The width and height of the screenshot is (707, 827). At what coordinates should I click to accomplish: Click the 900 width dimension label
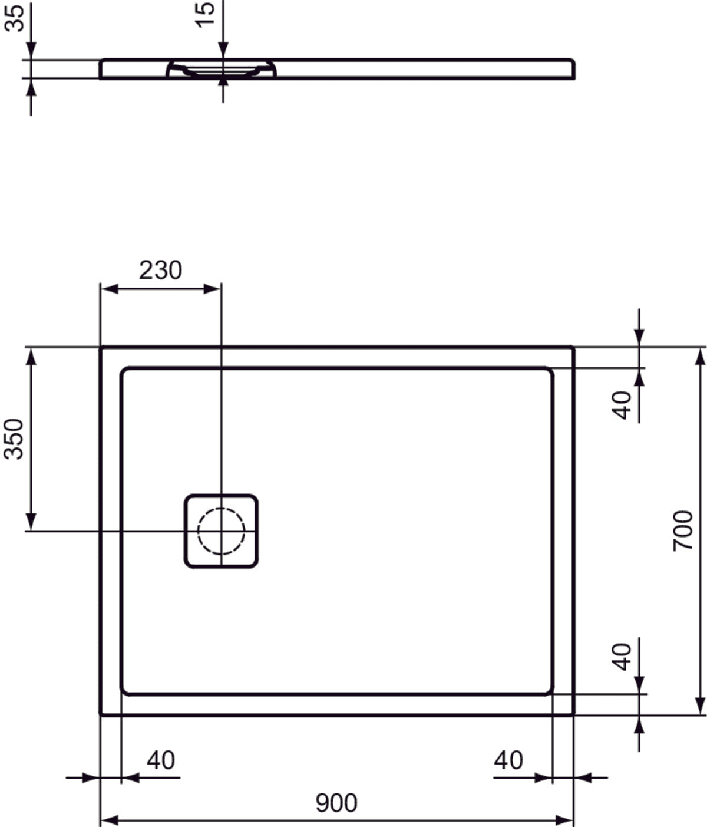[x=336, y=803]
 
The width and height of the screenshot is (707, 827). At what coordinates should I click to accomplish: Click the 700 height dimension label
[x=683, y=531]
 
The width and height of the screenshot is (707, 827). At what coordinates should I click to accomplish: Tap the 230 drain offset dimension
[x=160, y=270]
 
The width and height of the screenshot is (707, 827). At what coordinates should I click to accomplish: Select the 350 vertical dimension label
[x=14, y=438]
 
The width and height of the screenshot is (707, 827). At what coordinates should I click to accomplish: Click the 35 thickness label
[x=14, y=16]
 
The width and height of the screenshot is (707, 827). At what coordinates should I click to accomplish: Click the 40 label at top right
[x=622, y=405]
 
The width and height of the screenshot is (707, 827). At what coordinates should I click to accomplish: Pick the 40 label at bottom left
[x=161, y=760]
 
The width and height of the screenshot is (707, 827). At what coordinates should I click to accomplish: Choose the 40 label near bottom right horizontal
[x=508, y=760]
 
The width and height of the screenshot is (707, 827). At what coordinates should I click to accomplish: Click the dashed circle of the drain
[x=221, y=531]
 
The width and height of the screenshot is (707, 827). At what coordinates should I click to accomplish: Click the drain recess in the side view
[x=221, y=69]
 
